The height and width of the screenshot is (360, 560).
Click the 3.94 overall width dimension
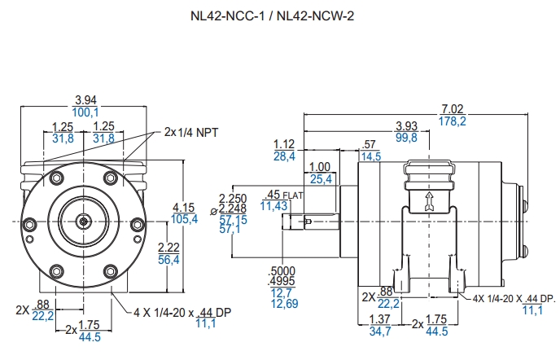click(x=85, y=100)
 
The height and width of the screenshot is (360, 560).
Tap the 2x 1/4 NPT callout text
click(x=191, y=131)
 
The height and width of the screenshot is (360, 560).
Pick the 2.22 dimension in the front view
click(x=168, y=248)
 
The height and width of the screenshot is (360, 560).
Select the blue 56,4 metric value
click(x=168, y=259)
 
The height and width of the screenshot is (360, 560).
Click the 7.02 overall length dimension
click(x=452, y=109)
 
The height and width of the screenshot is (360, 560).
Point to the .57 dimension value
click(x=370, y=144)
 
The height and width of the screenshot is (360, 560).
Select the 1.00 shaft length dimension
click(x=320, y=167)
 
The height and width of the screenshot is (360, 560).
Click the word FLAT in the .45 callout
click(x=294, y=195)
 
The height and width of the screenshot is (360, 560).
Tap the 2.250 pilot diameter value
click(x=234, y=198)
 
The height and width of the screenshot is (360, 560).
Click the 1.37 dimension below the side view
click(x=380, y=321)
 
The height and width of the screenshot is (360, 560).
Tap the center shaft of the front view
click(x=85, y=221)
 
